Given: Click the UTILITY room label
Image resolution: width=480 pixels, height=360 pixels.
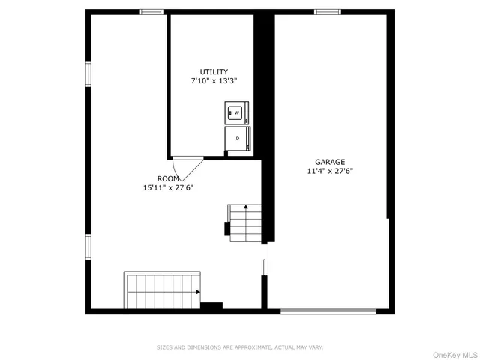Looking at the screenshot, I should pyautogui.click(x=214, y=72).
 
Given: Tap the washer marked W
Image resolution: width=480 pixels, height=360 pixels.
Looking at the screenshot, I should pyautogui.click(x=235, y=112).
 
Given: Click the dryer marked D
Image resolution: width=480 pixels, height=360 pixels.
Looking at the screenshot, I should pyautogui.click(x=237, y=139).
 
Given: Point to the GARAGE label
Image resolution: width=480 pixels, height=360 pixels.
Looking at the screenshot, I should pyautogui.click(x=329, y=162).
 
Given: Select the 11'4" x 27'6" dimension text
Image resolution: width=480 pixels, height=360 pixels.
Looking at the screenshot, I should pyautogui.click(x=329, y=171).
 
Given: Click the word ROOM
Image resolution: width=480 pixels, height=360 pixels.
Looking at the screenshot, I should pyautogui.click(x=168, y=178).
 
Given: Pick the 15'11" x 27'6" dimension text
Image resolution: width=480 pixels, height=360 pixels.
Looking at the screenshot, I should pyautogui.click(x=168, y=187).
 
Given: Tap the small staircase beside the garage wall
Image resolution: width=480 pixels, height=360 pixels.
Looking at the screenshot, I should pyautogui.click(x=245, y=222).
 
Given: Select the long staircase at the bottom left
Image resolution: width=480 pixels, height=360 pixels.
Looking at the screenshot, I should pyautogui.click(x=162, y=291).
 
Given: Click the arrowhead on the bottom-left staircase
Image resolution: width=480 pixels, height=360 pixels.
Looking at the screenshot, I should pyautogui.click(x=198, y=292).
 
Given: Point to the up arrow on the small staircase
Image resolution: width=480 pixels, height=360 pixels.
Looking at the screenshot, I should pyautogui.click(x=245, y=205).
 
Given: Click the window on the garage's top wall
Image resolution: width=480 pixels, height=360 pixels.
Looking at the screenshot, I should pyautogui.click(x=327, y=11).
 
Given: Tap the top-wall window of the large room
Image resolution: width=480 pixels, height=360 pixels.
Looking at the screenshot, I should pyautogui.click(x=152, y=11).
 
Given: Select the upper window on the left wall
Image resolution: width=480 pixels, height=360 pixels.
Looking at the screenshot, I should pyautogui.click(x=88, y=73).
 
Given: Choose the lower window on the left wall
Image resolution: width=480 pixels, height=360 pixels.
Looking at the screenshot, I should pyautogui.click(x=88, y=246).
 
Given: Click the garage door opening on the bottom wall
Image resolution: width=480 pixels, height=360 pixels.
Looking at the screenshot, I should pyautogui.click(x=328, y=310).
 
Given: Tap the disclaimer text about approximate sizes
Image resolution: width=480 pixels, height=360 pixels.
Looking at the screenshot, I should pyautogui.click(x=239, y=347).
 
